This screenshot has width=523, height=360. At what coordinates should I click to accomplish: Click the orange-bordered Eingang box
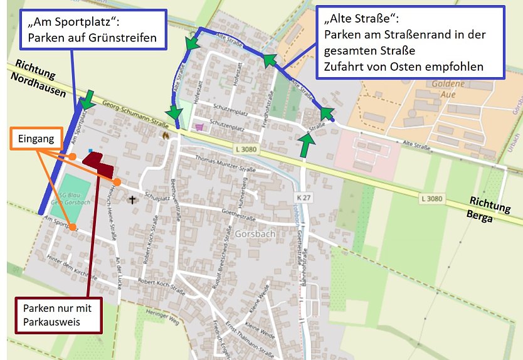pyautogui.click(x=34, y=139)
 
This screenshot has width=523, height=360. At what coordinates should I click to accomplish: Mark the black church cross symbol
pyautogui.click(x=132, y=200)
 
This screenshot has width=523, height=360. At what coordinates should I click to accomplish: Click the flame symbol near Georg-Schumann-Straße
pyautogui.click(x=166, y=135)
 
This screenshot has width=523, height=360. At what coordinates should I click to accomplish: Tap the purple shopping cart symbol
pyautogui.click(x=200, y=127)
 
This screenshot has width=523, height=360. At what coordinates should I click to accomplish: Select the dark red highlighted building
pyautogui.click(x=98, y=163)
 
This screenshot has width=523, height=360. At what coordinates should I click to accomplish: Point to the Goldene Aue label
pyautogui.click(x=447, y=88)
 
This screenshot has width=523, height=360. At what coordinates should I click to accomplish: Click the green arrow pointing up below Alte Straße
pyautogui.click(x=306, y=146)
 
